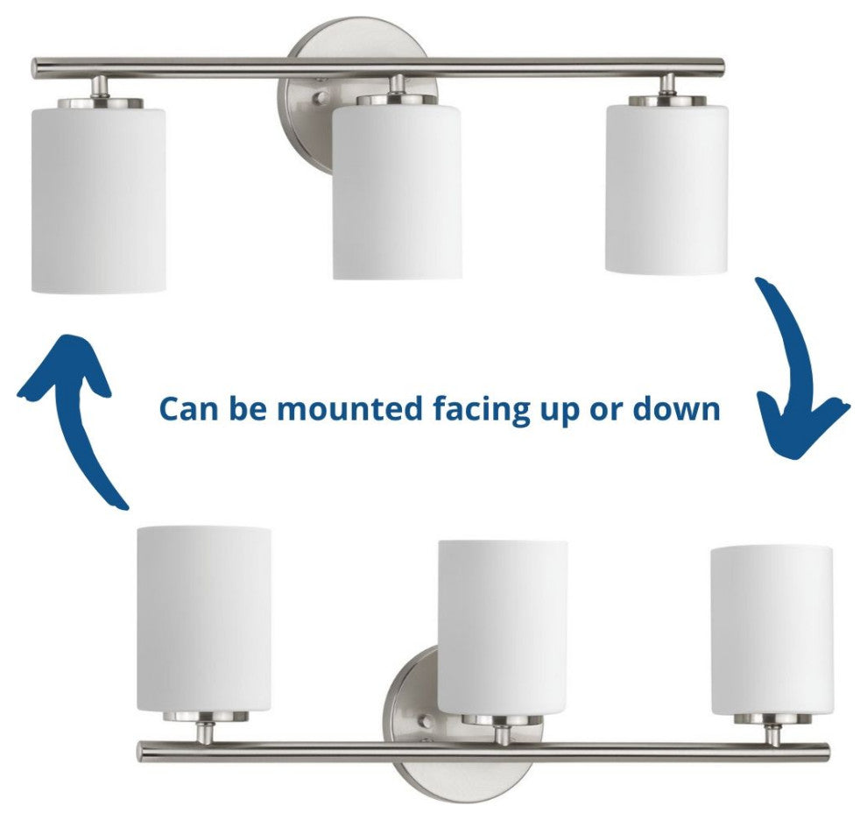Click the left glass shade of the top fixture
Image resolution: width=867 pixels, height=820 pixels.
(98, 197)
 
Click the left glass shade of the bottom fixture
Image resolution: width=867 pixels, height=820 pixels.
(204, 618)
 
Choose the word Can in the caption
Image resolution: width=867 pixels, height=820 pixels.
(187, 409)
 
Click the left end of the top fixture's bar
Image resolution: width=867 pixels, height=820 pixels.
(38, 67)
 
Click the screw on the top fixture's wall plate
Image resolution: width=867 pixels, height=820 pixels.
(321, 100)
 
